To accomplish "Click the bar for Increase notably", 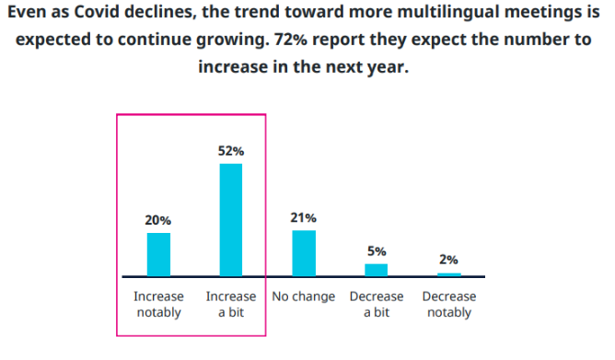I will [158, 254].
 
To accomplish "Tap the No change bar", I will [304, 252].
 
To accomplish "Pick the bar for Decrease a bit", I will [376, 269].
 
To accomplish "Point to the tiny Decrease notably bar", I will [448, 273].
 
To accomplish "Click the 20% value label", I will [158, 221].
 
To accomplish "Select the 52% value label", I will [231, 151].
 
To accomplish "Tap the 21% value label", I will [304, 217].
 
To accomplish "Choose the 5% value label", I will [376, 250].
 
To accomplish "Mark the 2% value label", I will [448, 260].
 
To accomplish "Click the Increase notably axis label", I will [158, 305].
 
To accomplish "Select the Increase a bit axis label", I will [231, 305].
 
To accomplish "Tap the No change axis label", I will [304, 297].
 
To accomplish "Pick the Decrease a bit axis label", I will [377, 305].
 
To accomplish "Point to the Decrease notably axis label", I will [448, 305].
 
